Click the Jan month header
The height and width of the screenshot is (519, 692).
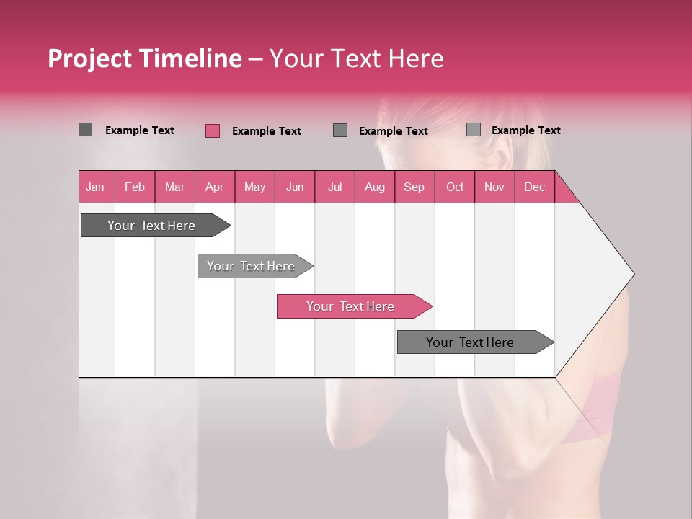click(95, 187)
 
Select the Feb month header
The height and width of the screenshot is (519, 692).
click(135, 187)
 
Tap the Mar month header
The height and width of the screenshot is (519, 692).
click(174, 187)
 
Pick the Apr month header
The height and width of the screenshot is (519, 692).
click(214, 187)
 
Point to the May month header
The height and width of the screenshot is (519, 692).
click(254, 187)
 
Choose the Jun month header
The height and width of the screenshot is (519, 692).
click(295, 187)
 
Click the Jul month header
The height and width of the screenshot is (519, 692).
click(334, 187)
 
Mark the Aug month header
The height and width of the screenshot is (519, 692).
click(374, 187)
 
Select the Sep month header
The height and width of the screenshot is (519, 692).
click(414, 187)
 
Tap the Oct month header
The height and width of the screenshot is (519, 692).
click(455, 187)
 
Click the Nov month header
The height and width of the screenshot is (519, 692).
click(494, 187)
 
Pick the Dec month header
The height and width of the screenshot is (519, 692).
click(534, 187)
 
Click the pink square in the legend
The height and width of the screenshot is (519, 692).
click(213, 130)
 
